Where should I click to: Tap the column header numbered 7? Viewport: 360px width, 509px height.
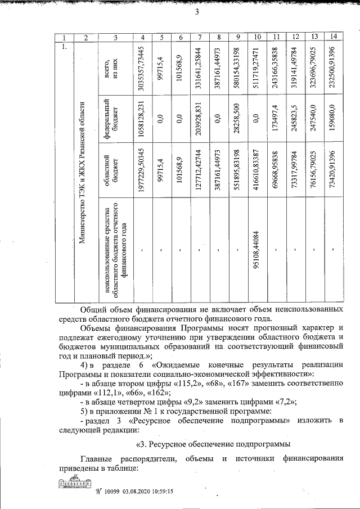click(x=200, y=37)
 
